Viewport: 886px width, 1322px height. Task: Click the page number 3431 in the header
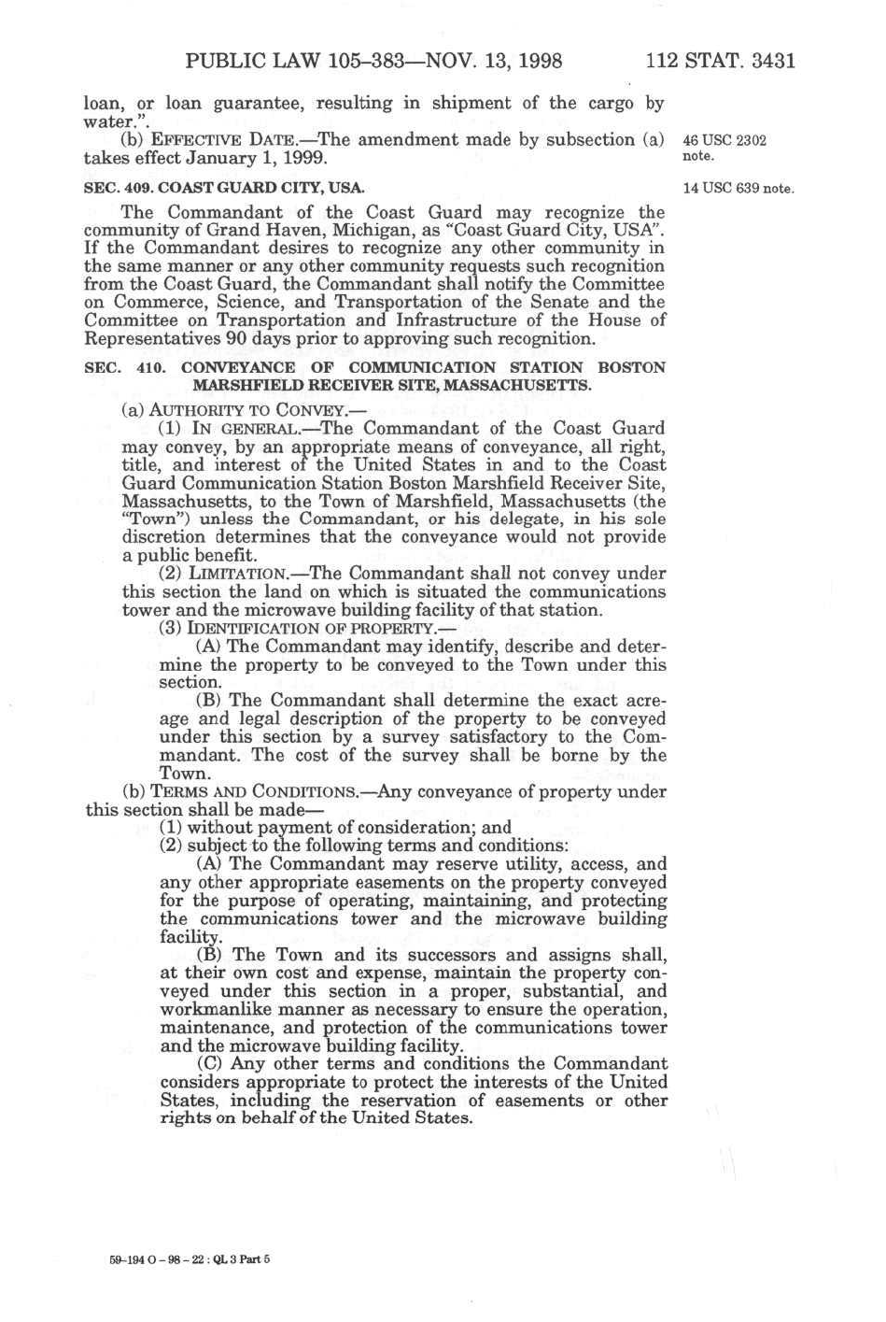point(765,63)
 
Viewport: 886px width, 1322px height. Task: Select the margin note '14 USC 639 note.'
point(738,188)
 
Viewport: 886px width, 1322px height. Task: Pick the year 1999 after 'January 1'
point(301,159)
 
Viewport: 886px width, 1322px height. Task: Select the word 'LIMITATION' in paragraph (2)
point(242,574)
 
